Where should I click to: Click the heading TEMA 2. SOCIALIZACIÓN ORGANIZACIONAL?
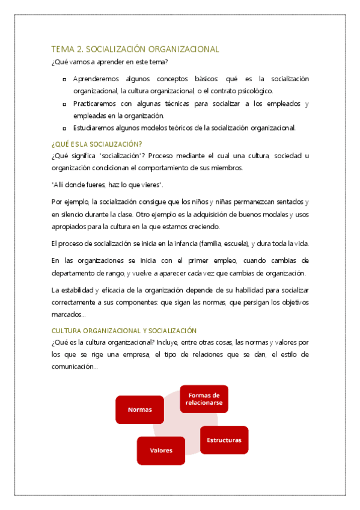click(x=135, y=49)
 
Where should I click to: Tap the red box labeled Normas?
click(x=139, y=410)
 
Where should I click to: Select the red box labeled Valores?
click(x=160, y=450)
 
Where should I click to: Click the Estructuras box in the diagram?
click(x=224, y=440)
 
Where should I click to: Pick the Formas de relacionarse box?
click(x=204, y=399)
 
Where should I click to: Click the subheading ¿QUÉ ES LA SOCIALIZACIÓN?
click(x=97, y=144)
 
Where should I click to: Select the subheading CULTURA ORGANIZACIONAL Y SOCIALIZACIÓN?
click(x=124, y=331)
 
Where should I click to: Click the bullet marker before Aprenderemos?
click(x=64, y=79)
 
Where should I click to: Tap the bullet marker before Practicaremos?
click(x=64, y=104)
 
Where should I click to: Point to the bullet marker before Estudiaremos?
click(x=64, y=127)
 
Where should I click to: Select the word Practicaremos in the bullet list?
click(x=94, y=104)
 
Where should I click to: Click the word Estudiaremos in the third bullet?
click(x=93, y=127)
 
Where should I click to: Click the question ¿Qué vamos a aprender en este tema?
click(x=110, y=61)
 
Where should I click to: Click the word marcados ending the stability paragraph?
click(x=67, y=315)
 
